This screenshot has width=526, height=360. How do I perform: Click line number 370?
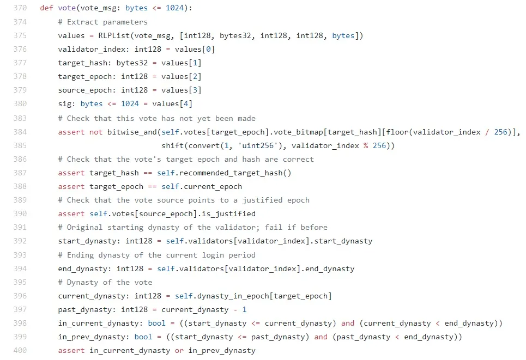(x=20, y=8)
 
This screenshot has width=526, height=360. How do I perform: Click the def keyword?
(x=47, y=8)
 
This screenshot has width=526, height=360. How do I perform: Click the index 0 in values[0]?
(x=208, y=49)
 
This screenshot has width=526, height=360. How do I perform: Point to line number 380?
(x=20, y=103)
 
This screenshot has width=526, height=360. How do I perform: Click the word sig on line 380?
(x=65, y=104)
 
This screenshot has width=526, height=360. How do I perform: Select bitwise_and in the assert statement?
(x=132, y=132)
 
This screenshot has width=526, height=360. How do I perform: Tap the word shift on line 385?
(x=173, y=146)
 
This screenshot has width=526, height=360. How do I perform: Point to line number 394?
(x=20, y=269)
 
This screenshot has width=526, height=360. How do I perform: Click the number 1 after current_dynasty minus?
(x=244, y=310)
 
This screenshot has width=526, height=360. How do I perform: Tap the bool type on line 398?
(x=156, y=323)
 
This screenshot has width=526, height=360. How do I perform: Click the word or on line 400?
(x=179, y=351)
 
